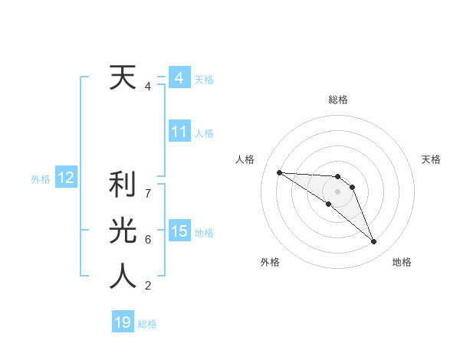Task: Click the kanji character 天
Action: [123, 77]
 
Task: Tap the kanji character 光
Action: [123, 231]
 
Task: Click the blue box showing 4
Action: [179, 78]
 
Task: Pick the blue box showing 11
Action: [179, 132]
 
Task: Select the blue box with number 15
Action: [179, 231]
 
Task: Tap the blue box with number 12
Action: [65, 178]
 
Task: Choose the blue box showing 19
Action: [123, 322]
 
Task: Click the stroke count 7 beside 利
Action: [148, 193]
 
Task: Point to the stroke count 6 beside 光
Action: [148, 240]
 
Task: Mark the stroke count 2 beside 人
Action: [148, 286]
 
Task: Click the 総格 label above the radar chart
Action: [338, 100]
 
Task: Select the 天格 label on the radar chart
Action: [432, 159]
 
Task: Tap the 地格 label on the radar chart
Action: [402, 263]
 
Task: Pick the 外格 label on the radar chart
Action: [270, 263]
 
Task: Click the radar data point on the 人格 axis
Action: [279, 172]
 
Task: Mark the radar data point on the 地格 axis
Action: [374, 242]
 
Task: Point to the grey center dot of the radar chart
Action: [338, 191]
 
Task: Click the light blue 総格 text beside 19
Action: [147, 324]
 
